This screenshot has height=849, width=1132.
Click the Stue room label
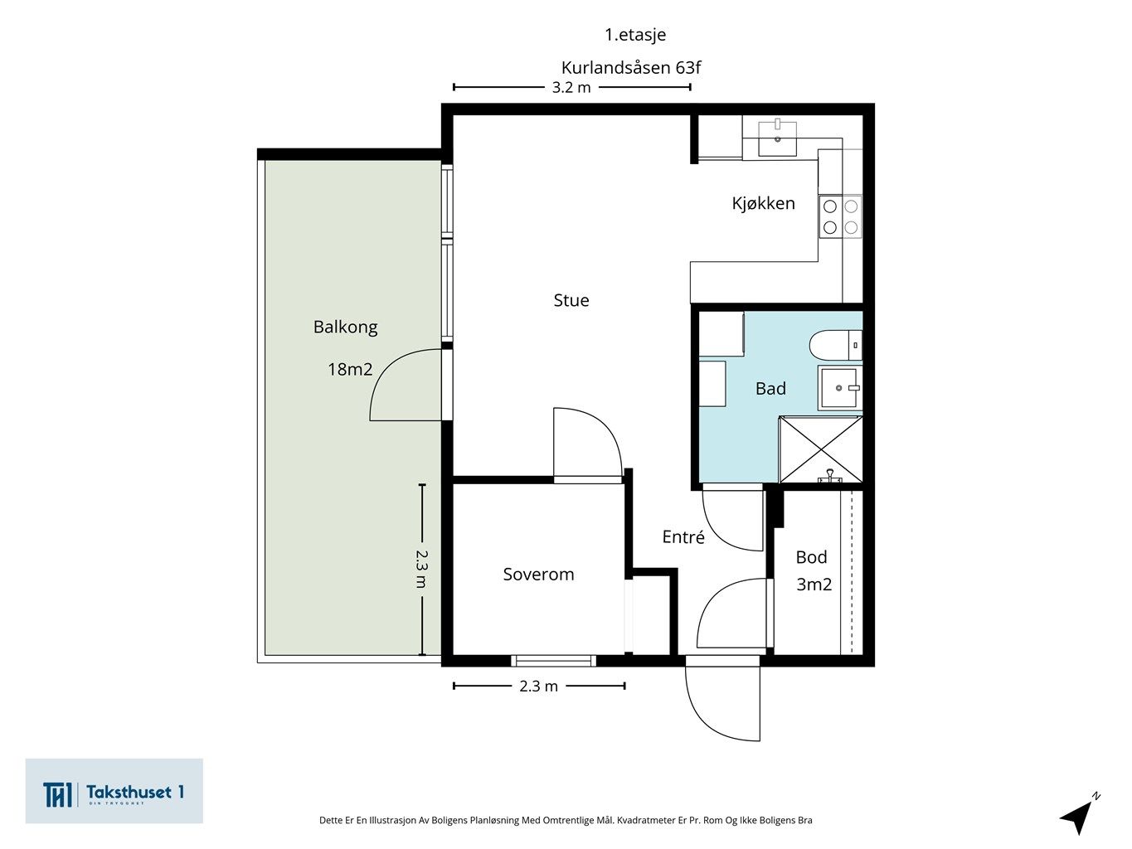click(x=571, y=300)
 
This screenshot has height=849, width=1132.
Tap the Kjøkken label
click(x=763, y=203)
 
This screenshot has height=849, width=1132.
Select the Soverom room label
click(x=538, y=575)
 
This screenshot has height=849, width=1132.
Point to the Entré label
click(x=683, y=536)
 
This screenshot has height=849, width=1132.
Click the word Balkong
click(x=346, y=327)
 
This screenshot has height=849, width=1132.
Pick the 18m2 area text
click(x=350, y=369)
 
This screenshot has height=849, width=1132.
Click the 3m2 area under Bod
click(x=814, y=584)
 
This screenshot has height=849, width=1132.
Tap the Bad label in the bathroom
click(x=770, y=388)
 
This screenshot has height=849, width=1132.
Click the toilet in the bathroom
click(x=835, y=346)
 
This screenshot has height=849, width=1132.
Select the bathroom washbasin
click(x=839, y=388)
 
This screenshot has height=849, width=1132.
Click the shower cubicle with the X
click(x=820, y=449)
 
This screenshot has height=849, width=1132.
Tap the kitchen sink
click(x=777, y=138)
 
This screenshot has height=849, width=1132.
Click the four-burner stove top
click(x=840, y=216)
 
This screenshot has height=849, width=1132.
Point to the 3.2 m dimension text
click(x=571, y=88)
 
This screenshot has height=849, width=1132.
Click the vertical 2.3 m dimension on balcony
click(x=422, y=569)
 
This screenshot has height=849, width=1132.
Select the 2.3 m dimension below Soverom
click(x=538, y=686)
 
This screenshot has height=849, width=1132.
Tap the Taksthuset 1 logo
click(x=114, y=791)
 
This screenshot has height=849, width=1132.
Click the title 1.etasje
click(x=635, y=35)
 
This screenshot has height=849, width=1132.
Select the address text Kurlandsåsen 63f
click(x=631, y=67)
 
